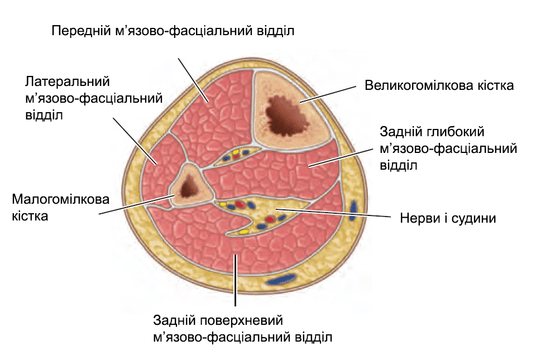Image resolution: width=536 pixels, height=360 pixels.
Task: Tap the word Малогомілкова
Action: pos(61,199)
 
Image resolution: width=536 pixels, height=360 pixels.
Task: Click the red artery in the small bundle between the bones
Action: pos(236,157)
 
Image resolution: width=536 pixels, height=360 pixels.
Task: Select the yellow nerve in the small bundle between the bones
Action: pos(235,151)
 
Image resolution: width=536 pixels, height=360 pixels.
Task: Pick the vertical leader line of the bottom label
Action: pos(236,279)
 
